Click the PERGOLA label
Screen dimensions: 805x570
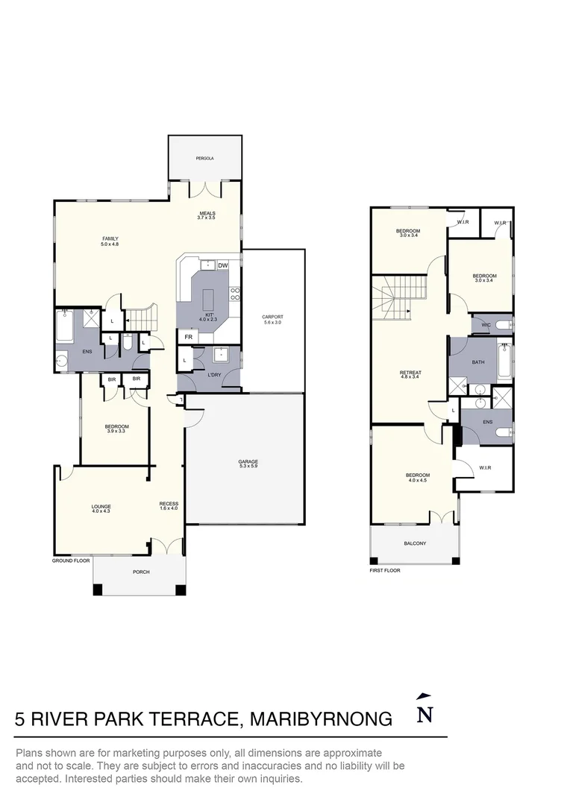pos(204,159)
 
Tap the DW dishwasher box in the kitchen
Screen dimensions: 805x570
pos(222,265)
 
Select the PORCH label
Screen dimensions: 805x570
pos(141,572)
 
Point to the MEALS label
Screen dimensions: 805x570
pos(207,215)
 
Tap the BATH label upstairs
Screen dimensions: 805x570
pos(478,363)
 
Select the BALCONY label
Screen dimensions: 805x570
pos(415,543)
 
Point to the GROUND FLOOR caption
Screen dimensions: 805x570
pos(71,560)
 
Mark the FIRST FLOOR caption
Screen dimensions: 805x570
pos(385,570)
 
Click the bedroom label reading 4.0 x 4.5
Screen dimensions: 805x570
pos(417,478)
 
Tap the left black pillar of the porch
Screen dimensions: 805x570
pos(98,590)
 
